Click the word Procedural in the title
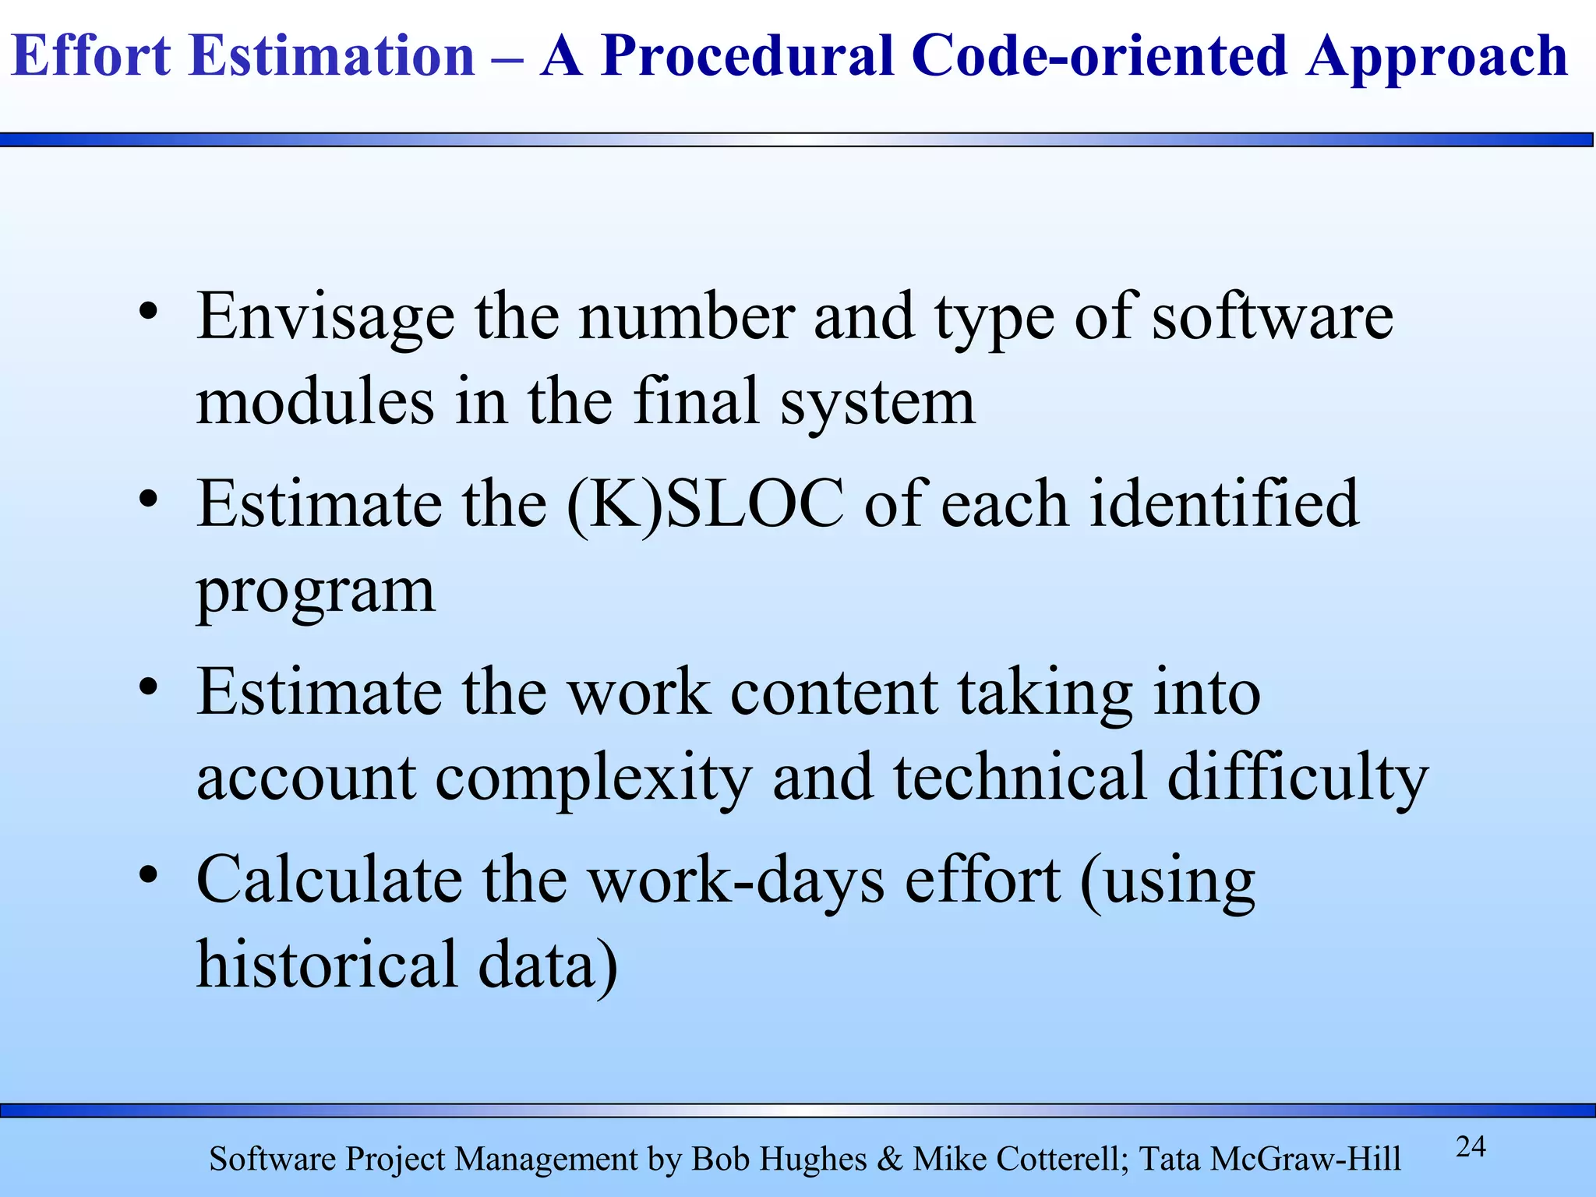point(747,56)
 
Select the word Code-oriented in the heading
point(1099,56)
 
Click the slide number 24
point(1471,1146)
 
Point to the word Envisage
point(326,317)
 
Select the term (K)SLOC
point(706,504)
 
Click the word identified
point(1223,504)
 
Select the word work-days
point(736,881)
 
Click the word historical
point(326,965)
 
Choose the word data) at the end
point(547,965)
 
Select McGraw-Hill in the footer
point(1305,1160)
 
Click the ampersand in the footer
point(889,1159)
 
